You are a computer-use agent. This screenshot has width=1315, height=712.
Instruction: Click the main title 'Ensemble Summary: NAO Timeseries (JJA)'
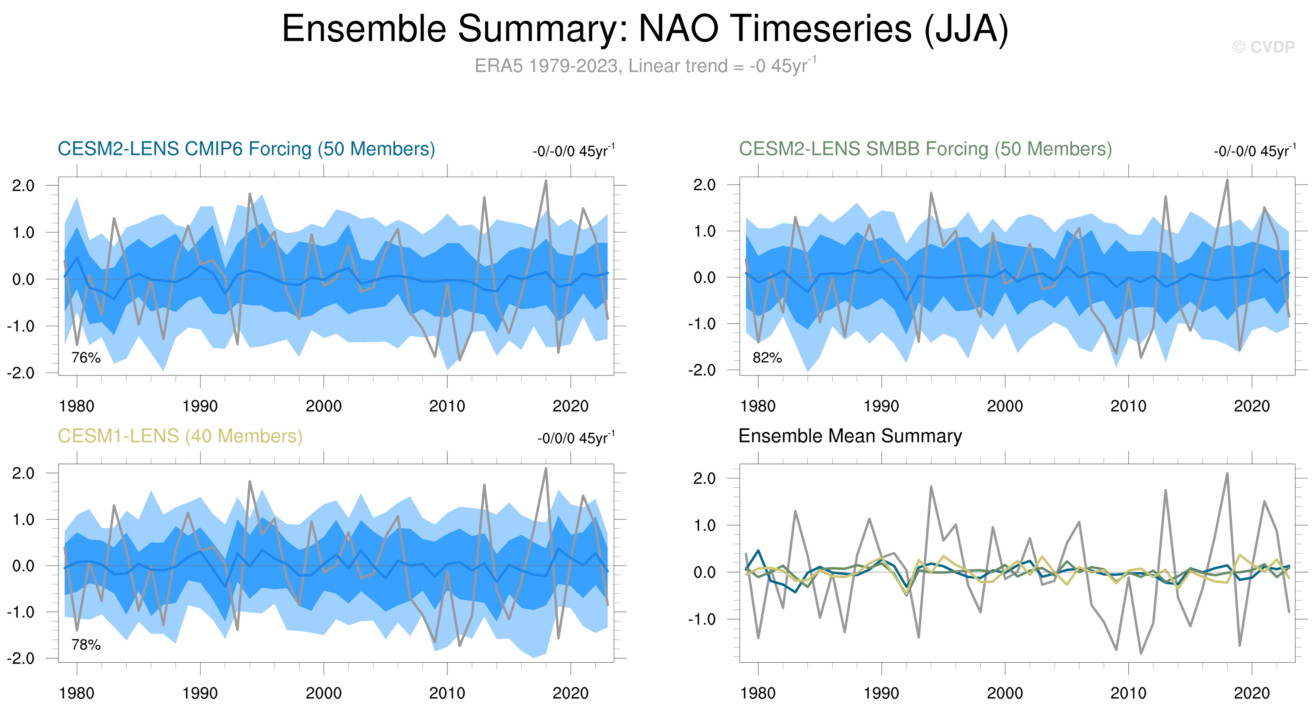(645, 29)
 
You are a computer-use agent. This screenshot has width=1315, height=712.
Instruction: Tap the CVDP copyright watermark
(1263, 47)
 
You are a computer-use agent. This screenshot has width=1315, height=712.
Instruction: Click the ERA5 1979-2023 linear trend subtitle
(645, 66)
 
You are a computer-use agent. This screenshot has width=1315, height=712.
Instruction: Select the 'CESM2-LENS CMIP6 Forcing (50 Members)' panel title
(246, 149)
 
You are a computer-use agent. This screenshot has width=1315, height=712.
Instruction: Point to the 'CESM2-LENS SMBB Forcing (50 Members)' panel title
(925, 149)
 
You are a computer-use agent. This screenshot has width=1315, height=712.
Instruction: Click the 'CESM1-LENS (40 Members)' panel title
(180, 436)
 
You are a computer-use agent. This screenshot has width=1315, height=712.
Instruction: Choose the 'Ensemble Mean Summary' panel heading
(850, 436)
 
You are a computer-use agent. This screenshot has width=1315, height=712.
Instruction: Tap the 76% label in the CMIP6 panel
(86, 358)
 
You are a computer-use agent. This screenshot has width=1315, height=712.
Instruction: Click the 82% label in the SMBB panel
(767, 358)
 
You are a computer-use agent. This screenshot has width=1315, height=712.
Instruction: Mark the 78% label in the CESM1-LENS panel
(86, 645)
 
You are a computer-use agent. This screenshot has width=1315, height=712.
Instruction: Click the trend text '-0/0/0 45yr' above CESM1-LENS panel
(575, 438)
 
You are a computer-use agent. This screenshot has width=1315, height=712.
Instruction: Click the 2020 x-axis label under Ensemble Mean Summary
(1251, 693)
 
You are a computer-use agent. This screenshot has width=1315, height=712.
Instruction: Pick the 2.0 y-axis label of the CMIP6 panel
(23, 185)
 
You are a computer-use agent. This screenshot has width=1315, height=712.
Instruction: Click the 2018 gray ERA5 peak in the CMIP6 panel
(546, 181)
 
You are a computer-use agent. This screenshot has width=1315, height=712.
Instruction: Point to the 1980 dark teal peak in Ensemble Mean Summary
(758, 551)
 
